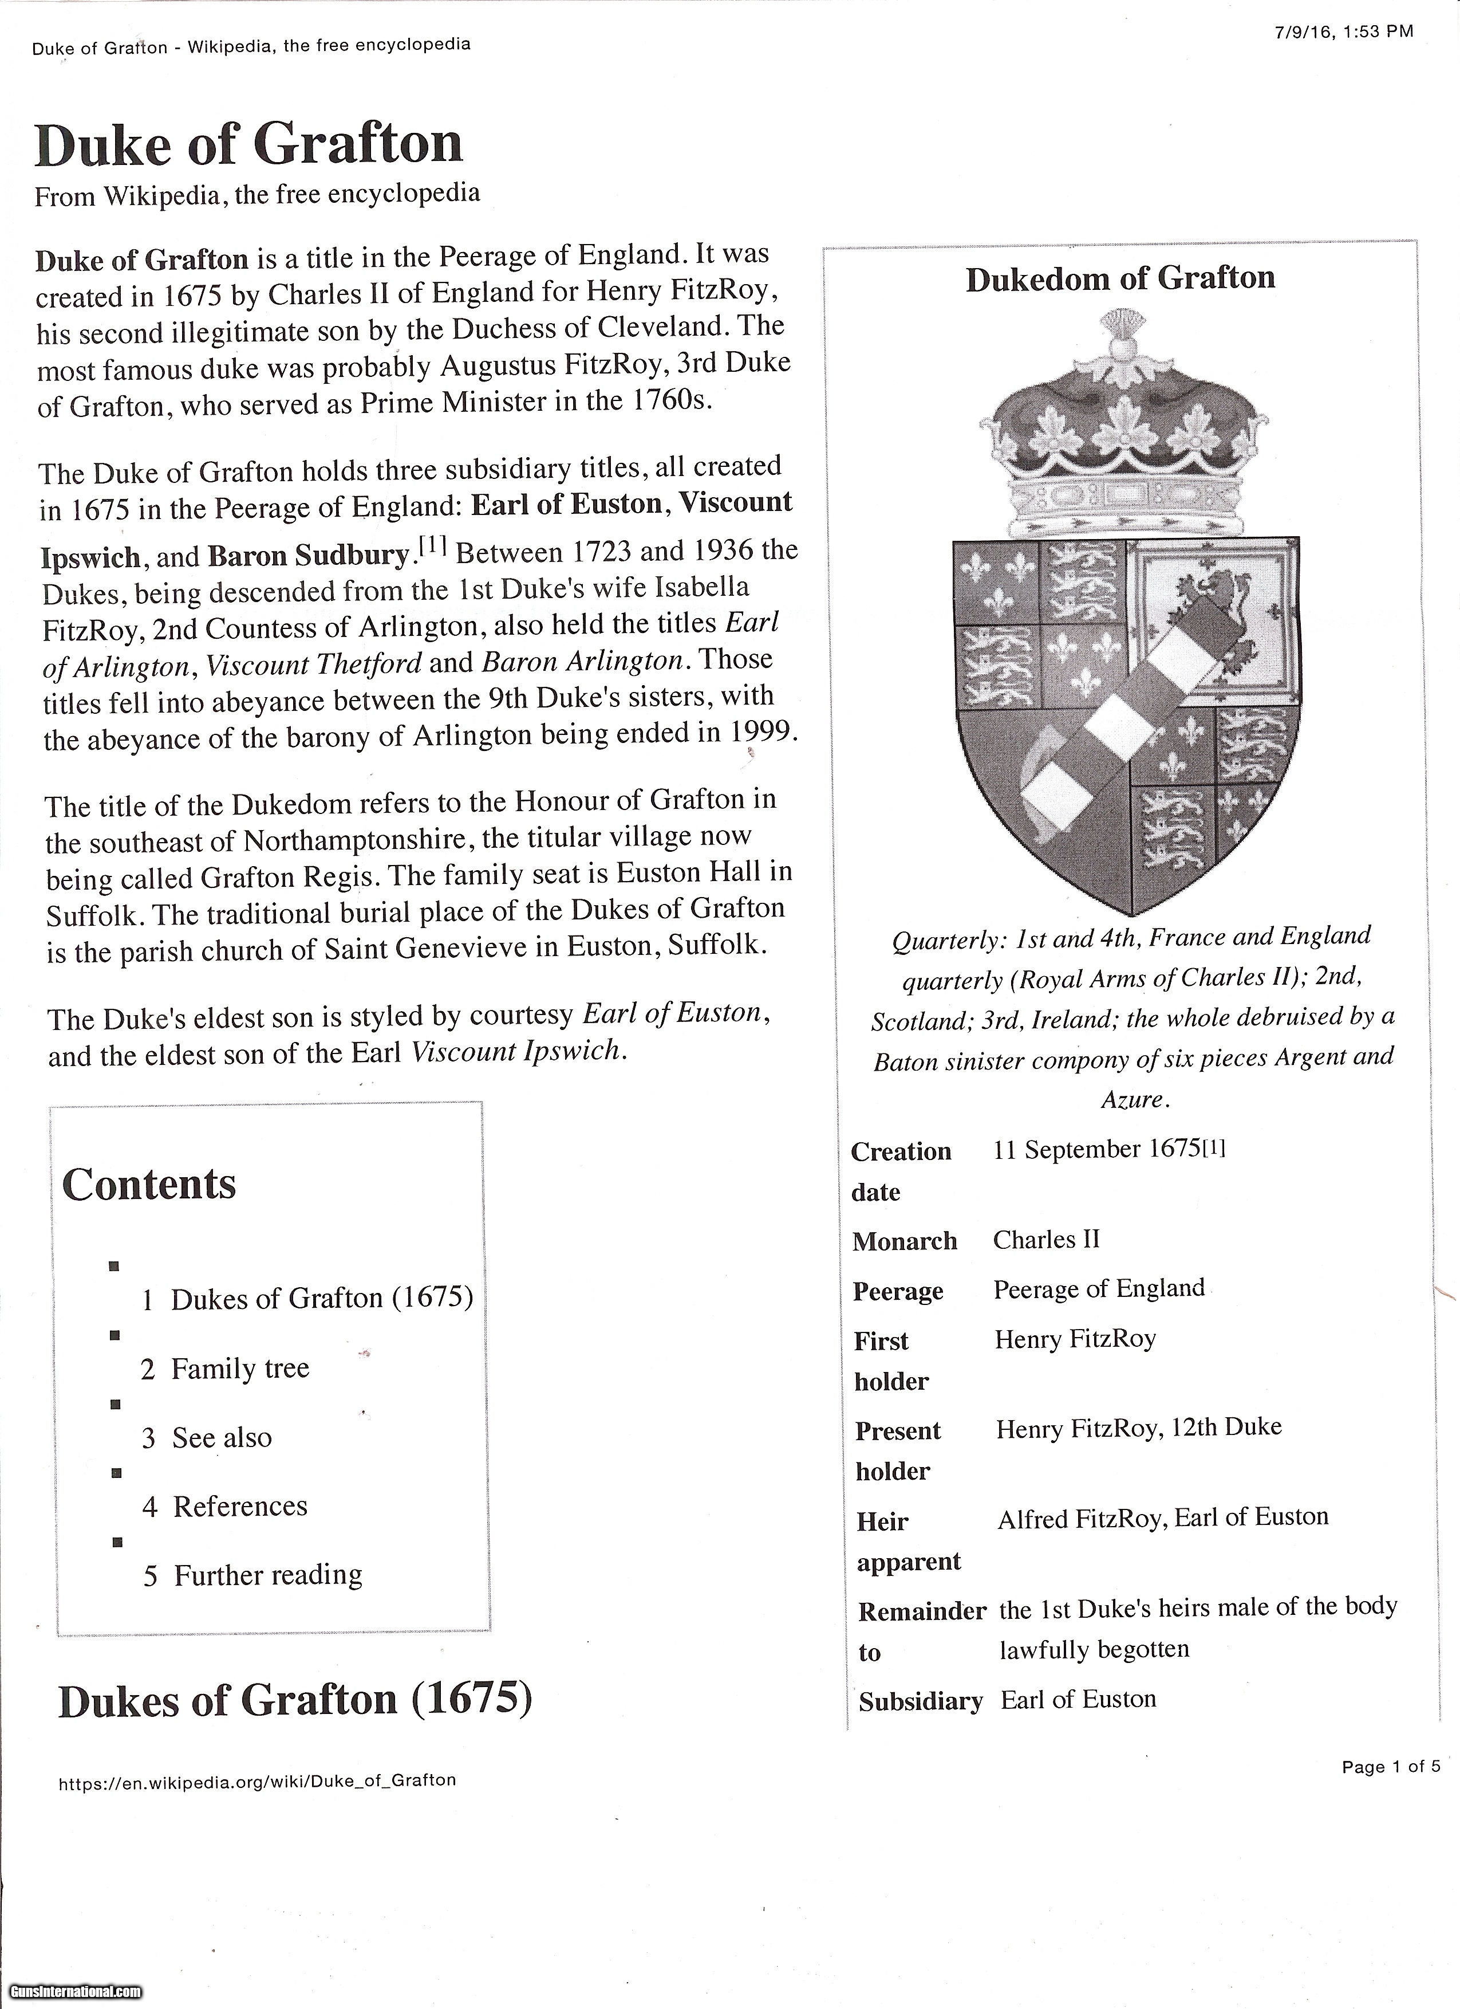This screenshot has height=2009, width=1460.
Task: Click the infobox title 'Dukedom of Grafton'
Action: coord(1120,279)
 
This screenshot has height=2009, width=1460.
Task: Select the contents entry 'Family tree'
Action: coord(239,1369)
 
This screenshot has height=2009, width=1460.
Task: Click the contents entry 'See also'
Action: coord(222,1438)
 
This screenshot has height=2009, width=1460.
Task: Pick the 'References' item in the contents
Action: coord(240,1506)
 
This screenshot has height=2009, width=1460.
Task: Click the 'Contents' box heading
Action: coord(149,1184)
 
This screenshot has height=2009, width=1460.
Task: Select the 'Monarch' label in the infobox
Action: coord(904,1241)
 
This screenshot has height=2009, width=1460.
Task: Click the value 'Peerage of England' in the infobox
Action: coord(1099,1289)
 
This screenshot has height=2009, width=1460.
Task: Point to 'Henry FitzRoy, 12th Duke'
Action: coord(1139,1427)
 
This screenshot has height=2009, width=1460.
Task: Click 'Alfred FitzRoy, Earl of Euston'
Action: coord(1162,1517)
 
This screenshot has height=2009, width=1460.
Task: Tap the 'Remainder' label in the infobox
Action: coord(922,1611)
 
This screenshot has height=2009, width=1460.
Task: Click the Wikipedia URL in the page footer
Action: coord(257,1780)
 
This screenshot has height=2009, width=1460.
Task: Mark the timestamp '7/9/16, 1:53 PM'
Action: coord(1344,33)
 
